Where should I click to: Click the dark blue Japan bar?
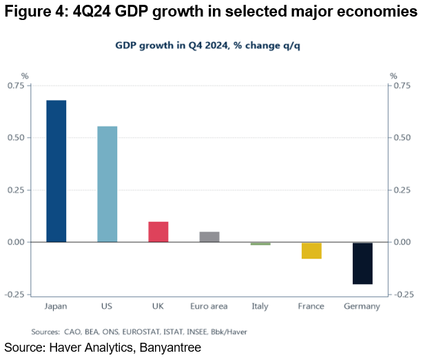pos(56,171)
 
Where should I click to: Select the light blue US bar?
pos(107,184)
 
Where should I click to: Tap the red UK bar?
pos(158,232)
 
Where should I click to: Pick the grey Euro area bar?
pos(209,237)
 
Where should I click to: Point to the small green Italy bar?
pos(260,243)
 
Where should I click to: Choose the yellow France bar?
pos(311,250)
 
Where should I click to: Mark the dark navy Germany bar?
pos(362,263)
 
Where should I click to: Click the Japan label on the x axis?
pos(56,306)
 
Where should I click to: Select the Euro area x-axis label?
pos(209,306)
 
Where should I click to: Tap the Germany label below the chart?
pos(362,306)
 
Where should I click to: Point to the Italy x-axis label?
pos(260,306)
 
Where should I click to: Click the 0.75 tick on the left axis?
pos(16,86)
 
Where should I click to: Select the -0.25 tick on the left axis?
pos(14,294)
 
